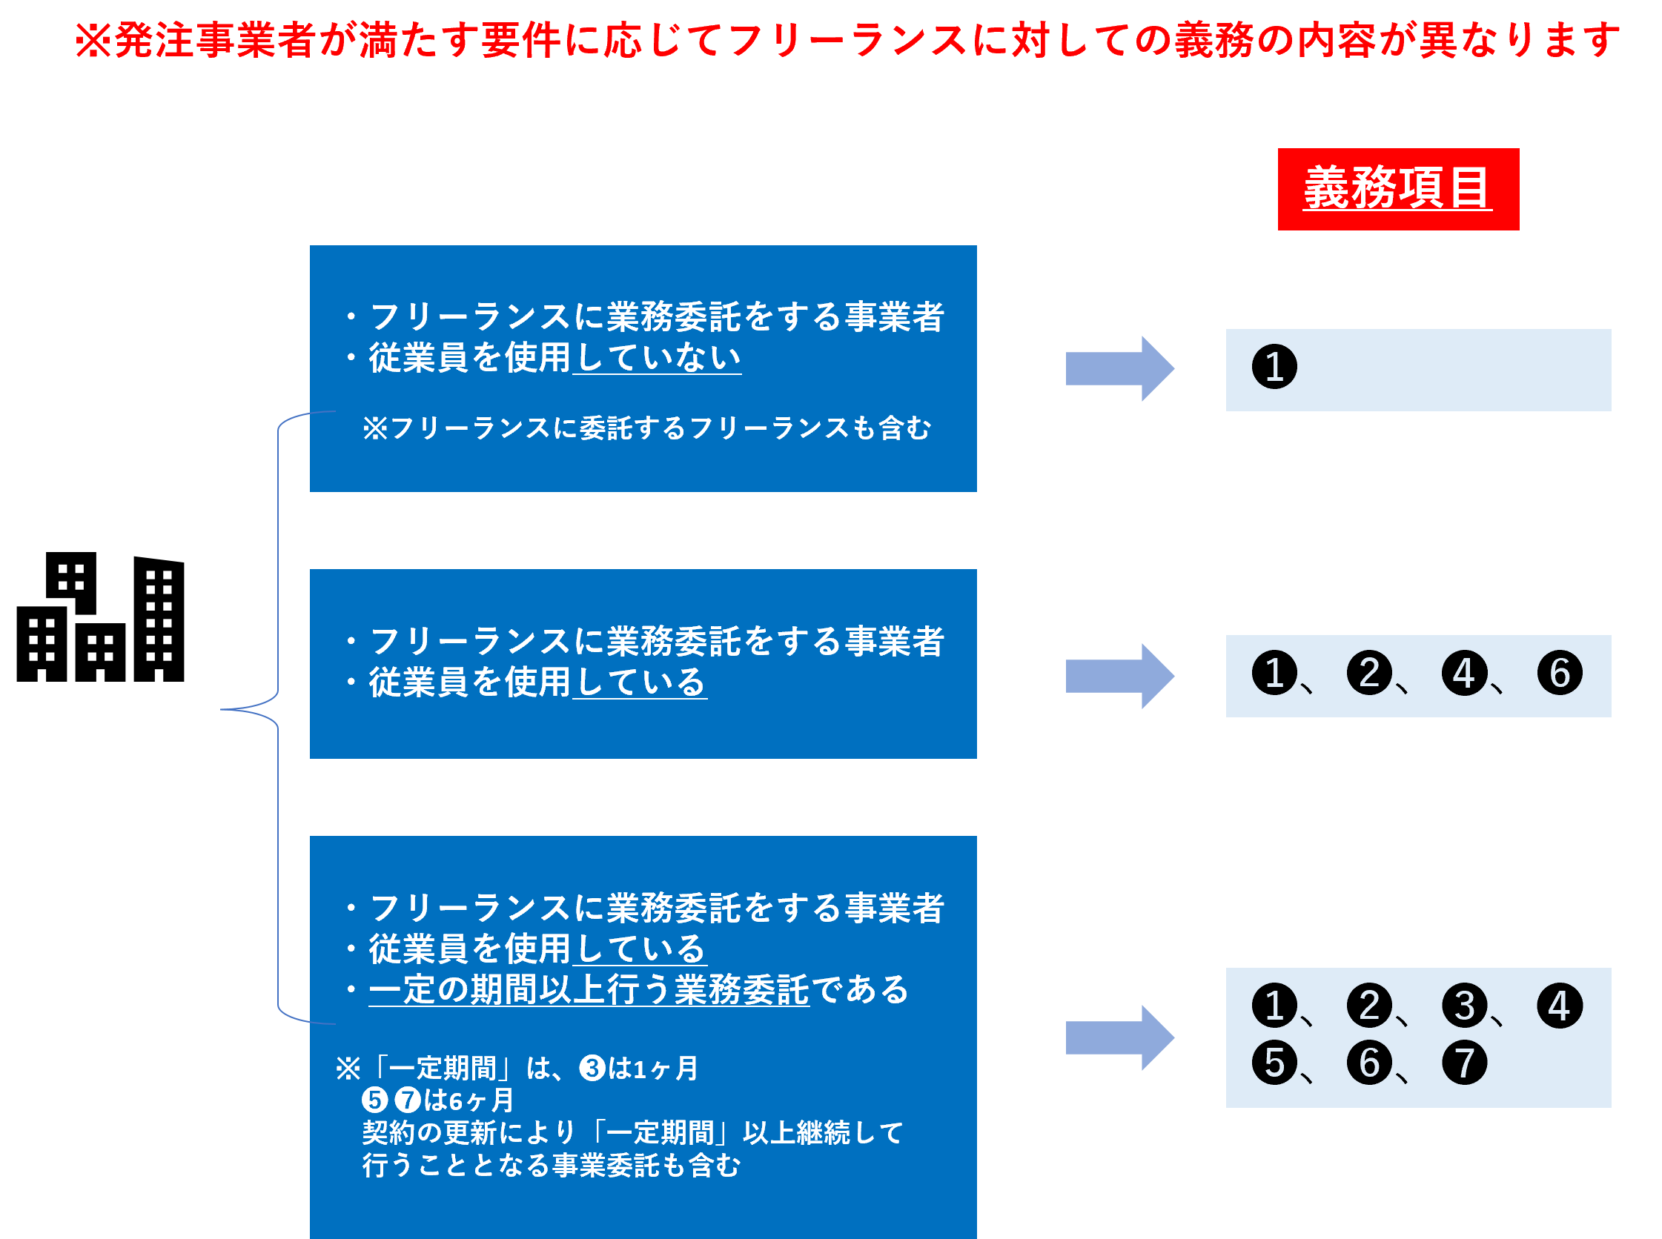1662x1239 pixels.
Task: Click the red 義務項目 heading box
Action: pyautogui.click(x=1398, y=189)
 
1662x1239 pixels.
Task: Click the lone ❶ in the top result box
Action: pyautogui.click(x=1274, y=367)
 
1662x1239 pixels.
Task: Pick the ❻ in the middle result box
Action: pyautogui.click(x=1559, y=673)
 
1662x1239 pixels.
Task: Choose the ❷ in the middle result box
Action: pyautogui.click(x=1369, y=673)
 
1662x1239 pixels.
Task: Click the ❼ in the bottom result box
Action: pyautogui.click(x=1464, y=1063)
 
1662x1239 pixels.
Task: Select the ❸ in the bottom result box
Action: pyautogui.click(x=1464, y=1006)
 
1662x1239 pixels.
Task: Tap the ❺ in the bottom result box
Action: pyautogui.click(x=1274, y=1063)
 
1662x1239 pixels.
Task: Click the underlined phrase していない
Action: pyautogui.click(x=658, y=358)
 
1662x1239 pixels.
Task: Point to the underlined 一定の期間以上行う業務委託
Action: pyautogui.click(x=589, y=990)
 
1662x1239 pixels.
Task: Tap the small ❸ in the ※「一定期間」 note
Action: pyautogui.click(x=592, y=1068)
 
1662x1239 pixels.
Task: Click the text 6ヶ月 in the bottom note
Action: pyautogui.click(x=481, y=1100)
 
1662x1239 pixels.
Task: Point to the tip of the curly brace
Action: pyautogui.click(x=222, y=709)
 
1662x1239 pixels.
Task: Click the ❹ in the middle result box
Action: pyautogui.click(x=1464, y=673)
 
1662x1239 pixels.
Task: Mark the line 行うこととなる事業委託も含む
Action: pyautogui.click(x=552, y=1166)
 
